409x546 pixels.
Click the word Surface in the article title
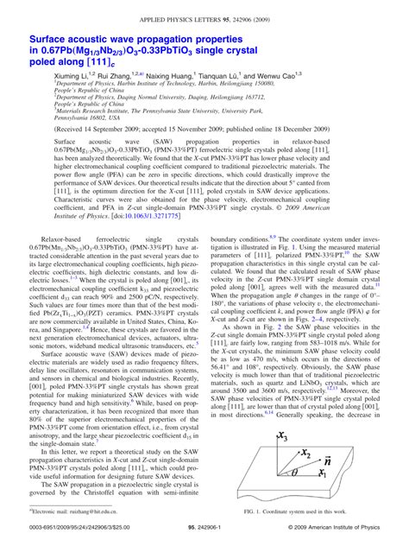pyautogui.click(x=58, y=39)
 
